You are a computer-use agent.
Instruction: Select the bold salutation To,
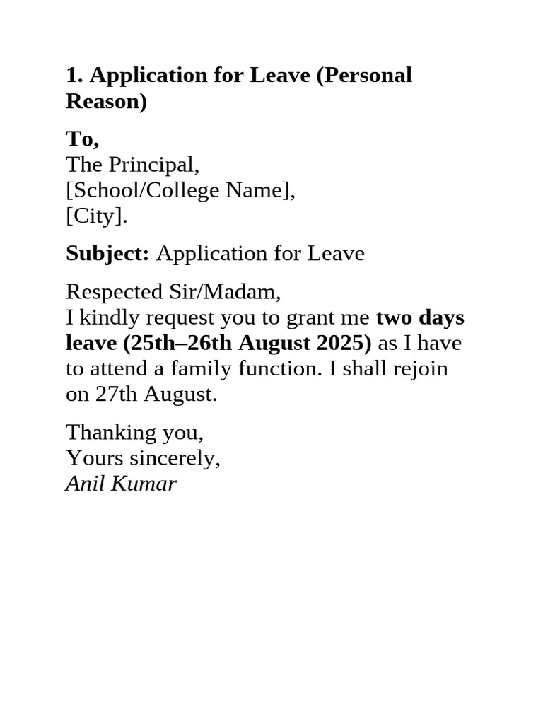(x=83, y=139)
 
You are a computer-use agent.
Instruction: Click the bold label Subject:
(x=107, y=253)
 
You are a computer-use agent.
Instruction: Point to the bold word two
(x=396, y=317)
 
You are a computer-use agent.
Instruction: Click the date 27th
(x=117, y=395)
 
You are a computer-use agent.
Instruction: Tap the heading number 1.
(x=73, y=76)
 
